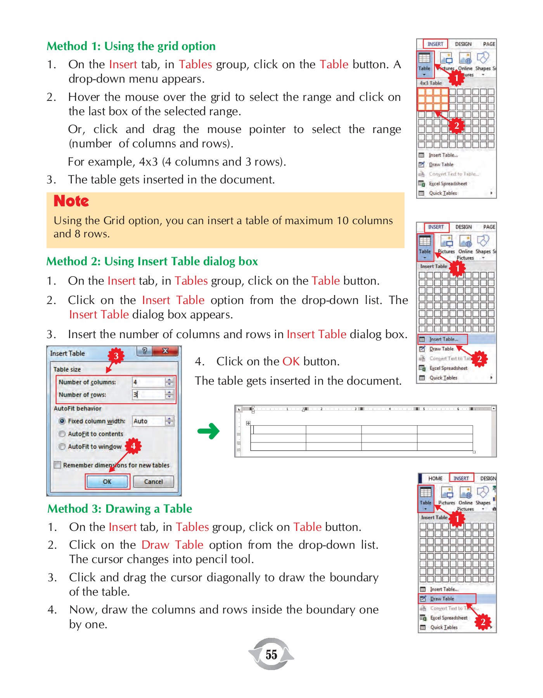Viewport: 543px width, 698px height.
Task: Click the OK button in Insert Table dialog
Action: (x=107, y=482)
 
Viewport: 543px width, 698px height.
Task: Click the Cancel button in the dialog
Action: (x=153, y=482)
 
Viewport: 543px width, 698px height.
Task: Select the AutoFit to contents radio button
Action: (x=62, y=434)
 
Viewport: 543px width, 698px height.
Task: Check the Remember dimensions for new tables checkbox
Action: (x=58, y=465)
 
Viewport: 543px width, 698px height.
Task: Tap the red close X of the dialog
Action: (x=165, y=351)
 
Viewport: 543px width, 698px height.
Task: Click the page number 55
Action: (x=271, y=655)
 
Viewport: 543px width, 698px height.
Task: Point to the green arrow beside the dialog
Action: (x=209, y=431)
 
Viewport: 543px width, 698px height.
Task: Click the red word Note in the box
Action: (x=71, y=201)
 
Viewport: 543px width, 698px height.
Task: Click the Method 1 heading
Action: (x=131, y=46)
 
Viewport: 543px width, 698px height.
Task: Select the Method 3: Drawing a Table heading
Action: (x=120, y=509)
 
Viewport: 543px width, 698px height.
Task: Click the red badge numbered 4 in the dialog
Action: (x=133, y=446)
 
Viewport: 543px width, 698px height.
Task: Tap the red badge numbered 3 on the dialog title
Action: (x=116, y=356)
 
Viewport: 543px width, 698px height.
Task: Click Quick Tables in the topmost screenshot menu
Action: (x=443, y=193)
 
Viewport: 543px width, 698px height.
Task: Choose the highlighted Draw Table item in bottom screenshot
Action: (x=442, y=599)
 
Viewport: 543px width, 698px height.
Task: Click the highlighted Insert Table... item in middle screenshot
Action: (x=443, y=339)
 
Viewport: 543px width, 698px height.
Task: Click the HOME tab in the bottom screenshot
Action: (x=435, y=479)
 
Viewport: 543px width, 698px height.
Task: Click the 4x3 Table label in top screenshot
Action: (x=431, y=83)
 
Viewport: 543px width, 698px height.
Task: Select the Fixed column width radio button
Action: (x=62, y=421)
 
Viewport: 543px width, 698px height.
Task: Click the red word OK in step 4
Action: (x=291, y=361)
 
